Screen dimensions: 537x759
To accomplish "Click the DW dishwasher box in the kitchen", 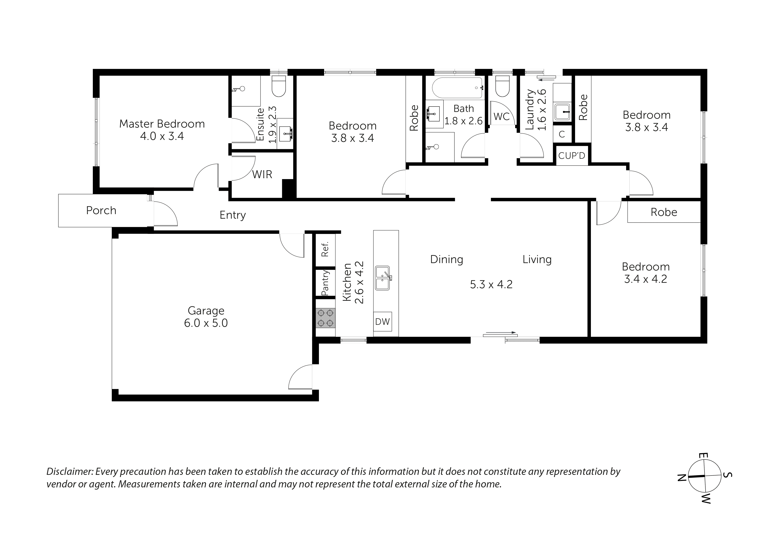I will (x=383, y=321).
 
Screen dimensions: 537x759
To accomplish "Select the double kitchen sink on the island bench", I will (x=383, y=278).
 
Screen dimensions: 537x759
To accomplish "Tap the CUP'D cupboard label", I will (x=572, y=155).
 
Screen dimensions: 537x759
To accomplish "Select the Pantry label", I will (x=325, y=283).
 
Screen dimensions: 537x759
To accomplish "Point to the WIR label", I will (x=262, y=174).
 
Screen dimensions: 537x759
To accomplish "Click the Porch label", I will (x=101, y=210).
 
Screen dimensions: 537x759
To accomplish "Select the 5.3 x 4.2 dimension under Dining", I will (x=491, y=284).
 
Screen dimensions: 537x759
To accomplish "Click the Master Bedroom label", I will (x=162, y=124).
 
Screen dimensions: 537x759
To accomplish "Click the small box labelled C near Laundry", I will (x=562, y=134).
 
